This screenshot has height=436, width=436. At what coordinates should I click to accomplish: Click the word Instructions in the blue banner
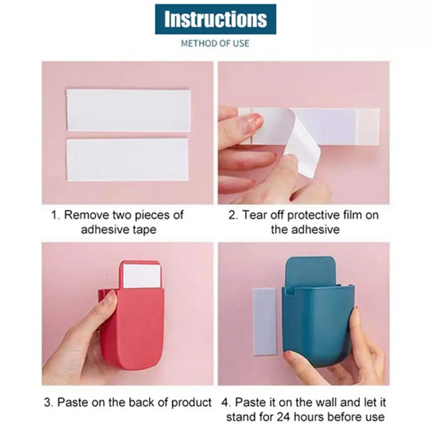click(215, 19)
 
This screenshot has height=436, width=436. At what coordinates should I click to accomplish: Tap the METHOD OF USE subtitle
click(215, 43)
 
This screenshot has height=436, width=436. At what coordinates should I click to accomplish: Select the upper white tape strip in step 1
click(128, 110)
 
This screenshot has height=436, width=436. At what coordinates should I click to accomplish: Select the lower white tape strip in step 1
click(127, 160)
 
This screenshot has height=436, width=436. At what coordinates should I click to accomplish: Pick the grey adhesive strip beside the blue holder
click(265, 321)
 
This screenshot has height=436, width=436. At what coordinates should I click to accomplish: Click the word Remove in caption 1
click(86, 215)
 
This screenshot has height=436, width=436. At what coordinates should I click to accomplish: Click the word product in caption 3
click(191, 403)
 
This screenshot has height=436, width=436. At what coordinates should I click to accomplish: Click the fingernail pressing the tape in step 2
click(255, 122)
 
